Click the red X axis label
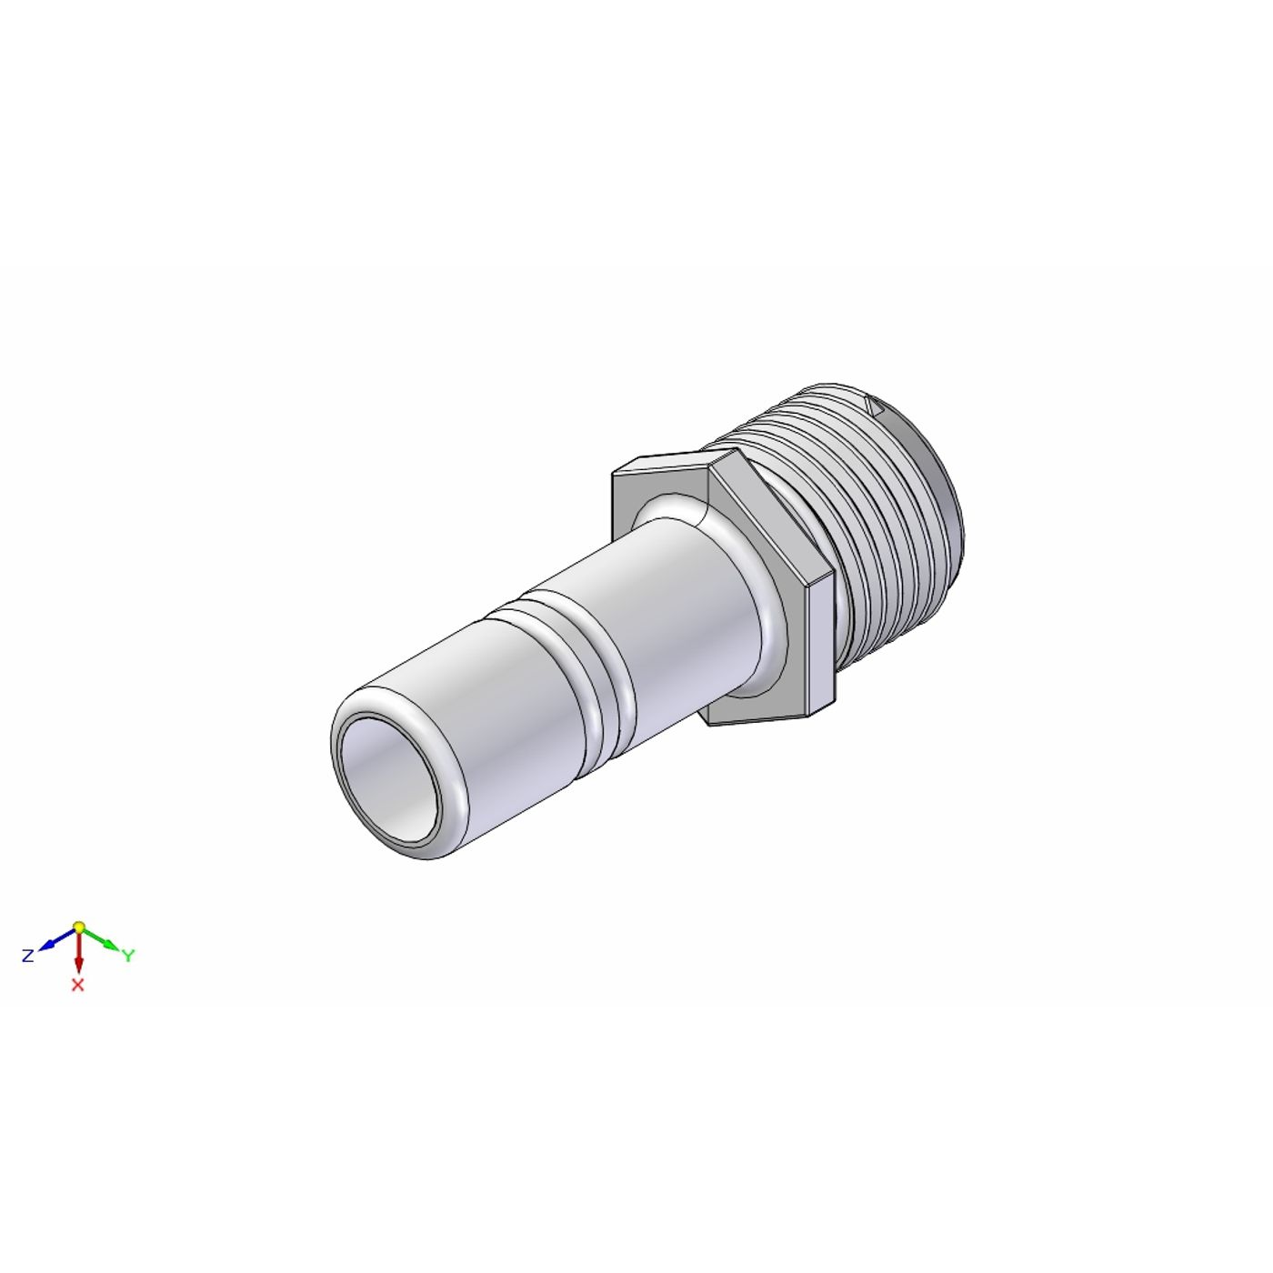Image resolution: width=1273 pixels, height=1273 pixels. pyautogui.click(x=78, y=985)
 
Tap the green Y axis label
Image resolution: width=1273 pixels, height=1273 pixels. pyautogui.click(x=128, y=956)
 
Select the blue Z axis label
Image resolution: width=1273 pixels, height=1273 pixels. pyautogui.click(x=28, y=956)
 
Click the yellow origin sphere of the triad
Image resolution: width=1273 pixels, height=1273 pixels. pyautogui.click(x=78, y=927)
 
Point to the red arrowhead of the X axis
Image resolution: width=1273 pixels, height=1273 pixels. pyautogui.click(x=78, y=965)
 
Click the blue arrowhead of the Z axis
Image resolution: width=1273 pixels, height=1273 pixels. pyautogui.click(x=46, y=946)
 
